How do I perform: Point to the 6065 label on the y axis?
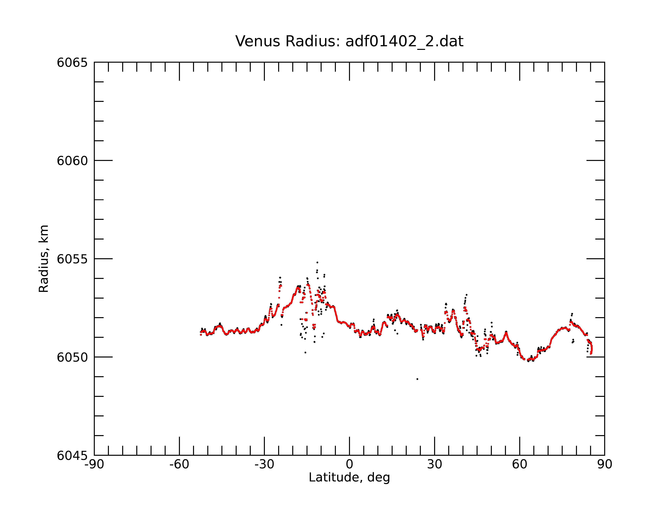pos(72,63)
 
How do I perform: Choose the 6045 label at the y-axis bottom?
pos(72,456)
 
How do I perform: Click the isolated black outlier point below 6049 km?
pos(417,379)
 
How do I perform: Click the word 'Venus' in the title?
pos(257,41)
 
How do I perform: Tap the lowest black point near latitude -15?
pos(305,352)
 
